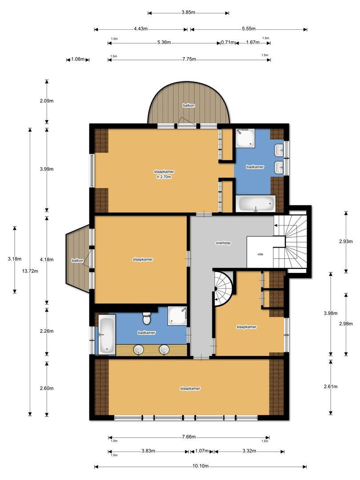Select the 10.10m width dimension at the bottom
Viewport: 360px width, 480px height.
(x=201, y=466)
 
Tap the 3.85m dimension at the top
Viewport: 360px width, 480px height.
(x=188, y=12)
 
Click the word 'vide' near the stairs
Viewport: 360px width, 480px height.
(x=260, y=255)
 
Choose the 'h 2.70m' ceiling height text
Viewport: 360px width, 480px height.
(x=164, y=177)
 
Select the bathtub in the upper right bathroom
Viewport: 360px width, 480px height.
(x=256, y=204)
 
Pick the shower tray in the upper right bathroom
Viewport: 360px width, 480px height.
(x=245, y=138)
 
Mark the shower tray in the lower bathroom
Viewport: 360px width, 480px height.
(x=177, y=316)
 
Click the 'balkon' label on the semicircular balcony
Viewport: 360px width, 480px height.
(x=188, y=105)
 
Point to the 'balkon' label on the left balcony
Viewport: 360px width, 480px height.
(x=76, y=260)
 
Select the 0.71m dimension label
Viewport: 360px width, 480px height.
(x=227, y=43)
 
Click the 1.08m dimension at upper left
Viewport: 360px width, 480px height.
(x=78, y=60)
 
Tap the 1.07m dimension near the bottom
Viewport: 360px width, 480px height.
(x=201, y=451)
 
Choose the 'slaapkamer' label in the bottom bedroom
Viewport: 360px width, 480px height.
(x=190, y=388)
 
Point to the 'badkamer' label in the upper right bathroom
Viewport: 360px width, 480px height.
(x=255, y=167)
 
